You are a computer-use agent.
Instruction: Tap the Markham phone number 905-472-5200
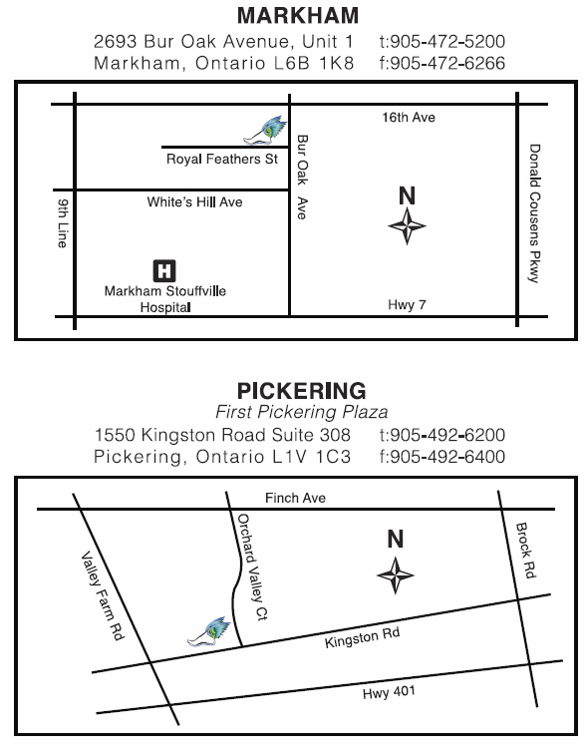442,42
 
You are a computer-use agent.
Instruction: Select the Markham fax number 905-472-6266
442,63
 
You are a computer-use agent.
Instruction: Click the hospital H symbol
164,269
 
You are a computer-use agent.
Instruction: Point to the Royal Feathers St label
221,159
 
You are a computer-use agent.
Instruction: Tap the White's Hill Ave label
194,202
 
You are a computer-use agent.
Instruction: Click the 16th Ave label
409,118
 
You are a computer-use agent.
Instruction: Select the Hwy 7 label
407,305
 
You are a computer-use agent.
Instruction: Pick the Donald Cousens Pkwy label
534,213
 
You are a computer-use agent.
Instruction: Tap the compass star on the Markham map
407,228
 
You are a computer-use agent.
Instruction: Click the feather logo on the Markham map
267,129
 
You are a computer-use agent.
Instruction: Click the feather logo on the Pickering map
212,630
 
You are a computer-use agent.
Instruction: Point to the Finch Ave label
295,498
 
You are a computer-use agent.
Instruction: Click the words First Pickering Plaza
301,412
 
